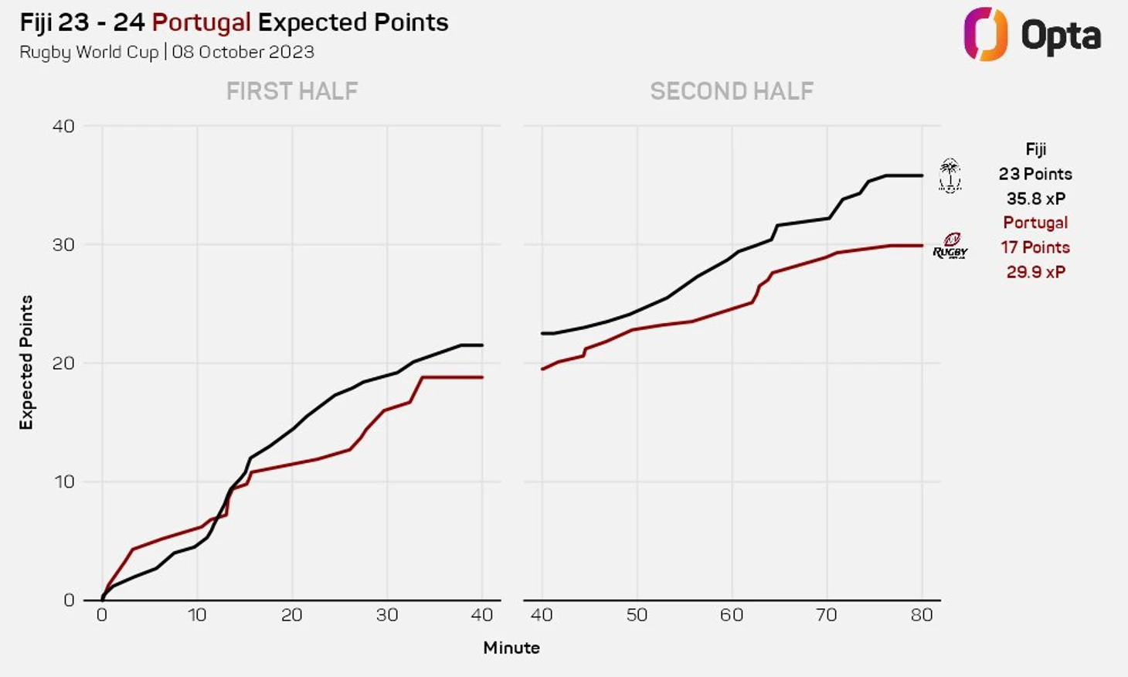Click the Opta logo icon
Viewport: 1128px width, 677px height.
point(985,34)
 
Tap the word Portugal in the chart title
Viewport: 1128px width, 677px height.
point(201,22)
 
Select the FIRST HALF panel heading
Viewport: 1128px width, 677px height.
point(292,91)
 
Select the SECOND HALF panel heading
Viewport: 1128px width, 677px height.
point(732,91)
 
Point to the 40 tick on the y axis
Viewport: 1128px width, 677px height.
point(63,126)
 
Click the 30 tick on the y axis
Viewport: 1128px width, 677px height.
point(63,245)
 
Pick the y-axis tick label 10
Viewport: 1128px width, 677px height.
point(63,481)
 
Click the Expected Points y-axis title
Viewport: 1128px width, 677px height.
point(27,362)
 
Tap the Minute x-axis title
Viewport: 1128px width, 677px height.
point(511,648)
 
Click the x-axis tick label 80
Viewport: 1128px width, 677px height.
point(922,615)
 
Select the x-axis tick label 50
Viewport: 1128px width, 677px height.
point(637,615)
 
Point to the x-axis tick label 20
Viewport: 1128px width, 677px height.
point(292,615)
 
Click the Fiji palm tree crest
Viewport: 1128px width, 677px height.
point(950,175)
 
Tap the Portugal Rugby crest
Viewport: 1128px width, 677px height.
point(950,246)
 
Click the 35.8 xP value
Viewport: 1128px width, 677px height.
point(1035,199)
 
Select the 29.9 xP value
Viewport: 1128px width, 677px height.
point(1035,272)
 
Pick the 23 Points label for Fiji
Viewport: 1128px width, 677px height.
point(1035,174)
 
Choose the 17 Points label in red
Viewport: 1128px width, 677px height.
point(1035,247)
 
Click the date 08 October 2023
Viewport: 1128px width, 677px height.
point(243,52)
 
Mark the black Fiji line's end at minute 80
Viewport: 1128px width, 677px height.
point(922,175)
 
